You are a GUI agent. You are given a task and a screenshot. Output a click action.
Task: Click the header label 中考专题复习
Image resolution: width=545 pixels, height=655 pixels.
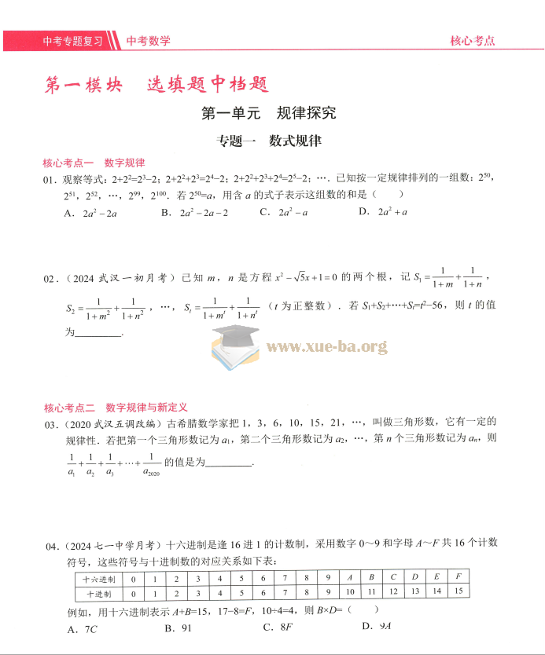click(72, 41)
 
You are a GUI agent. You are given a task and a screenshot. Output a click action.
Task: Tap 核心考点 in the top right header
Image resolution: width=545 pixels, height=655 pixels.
click(472, 41)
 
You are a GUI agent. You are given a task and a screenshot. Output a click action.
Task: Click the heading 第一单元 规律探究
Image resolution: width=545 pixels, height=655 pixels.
click(269, 113)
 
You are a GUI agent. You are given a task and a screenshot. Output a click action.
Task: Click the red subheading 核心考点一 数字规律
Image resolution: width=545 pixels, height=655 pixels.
click(94, 163)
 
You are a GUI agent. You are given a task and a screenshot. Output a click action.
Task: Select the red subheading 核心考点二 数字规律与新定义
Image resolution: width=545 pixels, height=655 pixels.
click(116, 408)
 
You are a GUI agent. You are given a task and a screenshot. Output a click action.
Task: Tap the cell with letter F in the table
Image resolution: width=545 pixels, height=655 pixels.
click(457, 576)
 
